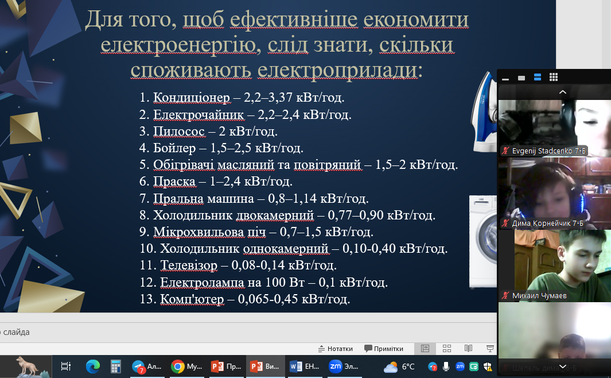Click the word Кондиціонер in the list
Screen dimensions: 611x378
pos(191,98)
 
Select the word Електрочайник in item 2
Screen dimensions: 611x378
pos(199,115)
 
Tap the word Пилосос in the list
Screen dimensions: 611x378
pos(179,132)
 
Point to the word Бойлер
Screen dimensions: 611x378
pos(174,148)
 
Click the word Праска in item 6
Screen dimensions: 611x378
pos(174,182)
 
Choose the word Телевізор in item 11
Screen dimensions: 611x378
pos(189,265)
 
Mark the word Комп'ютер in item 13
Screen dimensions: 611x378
pos(192,299)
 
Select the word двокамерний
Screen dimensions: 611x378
pos(275,215)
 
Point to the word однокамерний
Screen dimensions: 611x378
pos(286,249)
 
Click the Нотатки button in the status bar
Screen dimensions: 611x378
pos(336,349)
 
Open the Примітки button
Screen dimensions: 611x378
pos(384,349)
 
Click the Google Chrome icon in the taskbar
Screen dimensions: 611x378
pos(178,367)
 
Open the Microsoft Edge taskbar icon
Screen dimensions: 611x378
pos(93,367)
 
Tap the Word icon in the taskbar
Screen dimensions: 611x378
pos(296,367)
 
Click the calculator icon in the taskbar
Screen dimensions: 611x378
pos(116,367)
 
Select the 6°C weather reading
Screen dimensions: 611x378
pos(408,367)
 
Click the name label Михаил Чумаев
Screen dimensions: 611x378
pos(539,296)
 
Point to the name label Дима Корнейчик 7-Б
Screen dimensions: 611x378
pos(547,223)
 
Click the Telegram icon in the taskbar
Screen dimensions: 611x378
pos(138,367)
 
